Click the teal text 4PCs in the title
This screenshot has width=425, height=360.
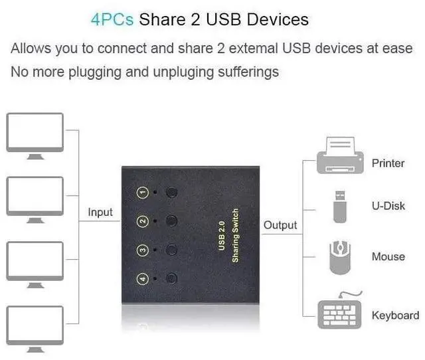[x=112, y=19]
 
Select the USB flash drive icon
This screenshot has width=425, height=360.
[x=339, y=206]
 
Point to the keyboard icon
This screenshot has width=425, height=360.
[x=340, y=312]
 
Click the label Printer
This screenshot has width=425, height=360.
[x=388, y=163]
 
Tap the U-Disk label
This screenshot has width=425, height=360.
[x=388, y=206]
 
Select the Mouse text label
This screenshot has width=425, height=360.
[x=388, y=257]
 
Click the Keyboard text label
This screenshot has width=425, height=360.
[x=395, y=315]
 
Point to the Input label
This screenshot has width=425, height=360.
[x=100, y=213]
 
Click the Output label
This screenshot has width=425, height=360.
[x=280, y=225]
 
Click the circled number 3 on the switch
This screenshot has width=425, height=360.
[x=142, y=250]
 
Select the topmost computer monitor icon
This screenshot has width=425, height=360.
[x=35, y=135]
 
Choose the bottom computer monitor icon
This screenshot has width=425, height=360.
[x=35, y=327]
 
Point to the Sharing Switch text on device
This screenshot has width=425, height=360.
[x=235, y=236]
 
